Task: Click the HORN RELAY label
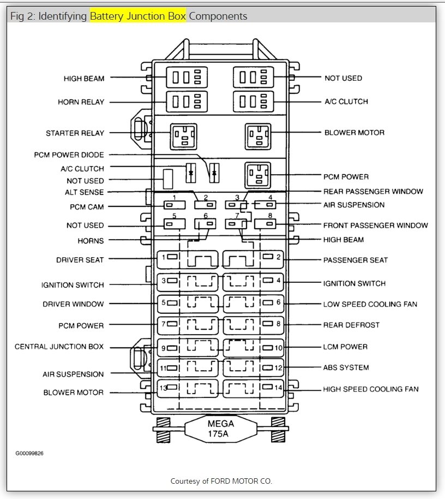click(x=81, y=102)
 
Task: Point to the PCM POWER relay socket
click(x=257, y=175)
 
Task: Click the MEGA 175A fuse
click(x=220, y=429)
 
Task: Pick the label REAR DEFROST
click(x=351, y=325)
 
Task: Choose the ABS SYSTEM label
click(x=346, y=367)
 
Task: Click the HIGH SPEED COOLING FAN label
click(x=371, y=389)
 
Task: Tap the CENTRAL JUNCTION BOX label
click(x=59, y=347)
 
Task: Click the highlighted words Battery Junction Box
click(x=138, y=16)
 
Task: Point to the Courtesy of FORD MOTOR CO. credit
click(x=221, y=481)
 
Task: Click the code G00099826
click(x=30, y=453)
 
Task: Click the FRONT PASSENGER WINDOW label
click(x=375, y=225)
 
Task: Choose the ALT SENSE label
click(x=84, y=192)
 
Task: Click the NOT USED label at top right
click(x=343, y=78)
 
